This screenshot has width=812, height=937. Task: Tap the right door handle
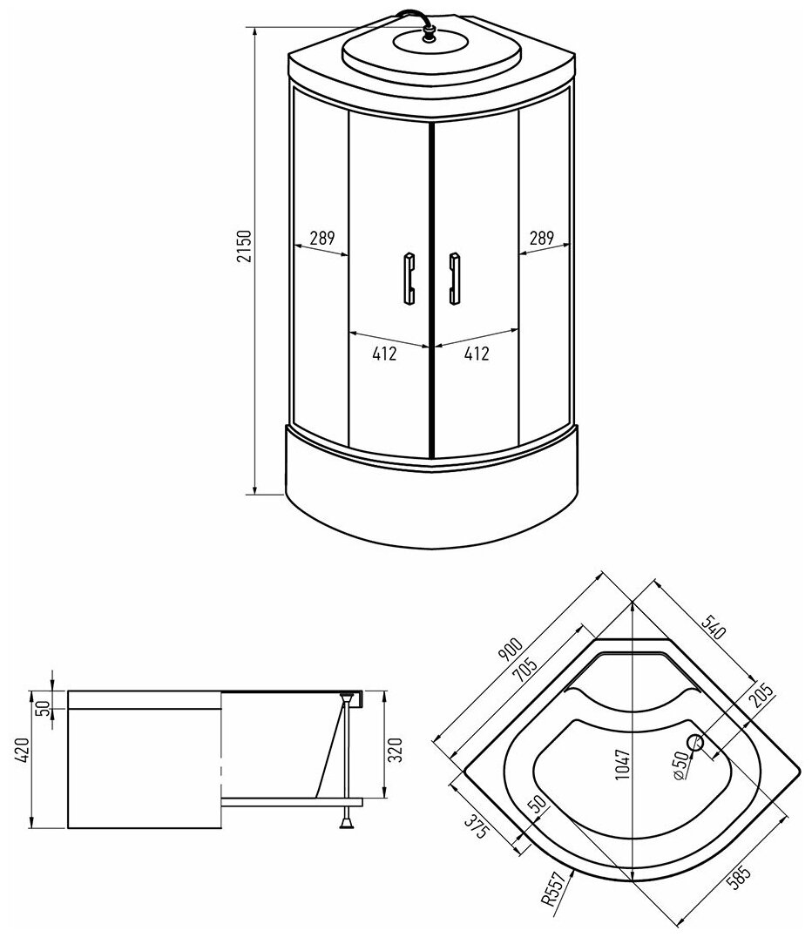pos(453,279)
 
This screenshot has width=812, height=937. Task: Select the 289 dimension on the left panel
pos(321,237)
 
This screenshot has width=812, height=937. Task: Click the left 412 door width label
pos(384,354)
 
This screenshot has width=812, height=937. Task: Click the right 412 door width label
pos(476,354)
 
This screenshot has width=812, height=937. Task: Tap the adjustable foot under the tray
pos(348,818)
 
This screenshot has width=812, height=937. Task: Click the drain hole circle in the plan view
pos(696,743)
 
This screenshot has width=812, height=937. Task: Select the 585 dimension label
pos(740,873)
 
